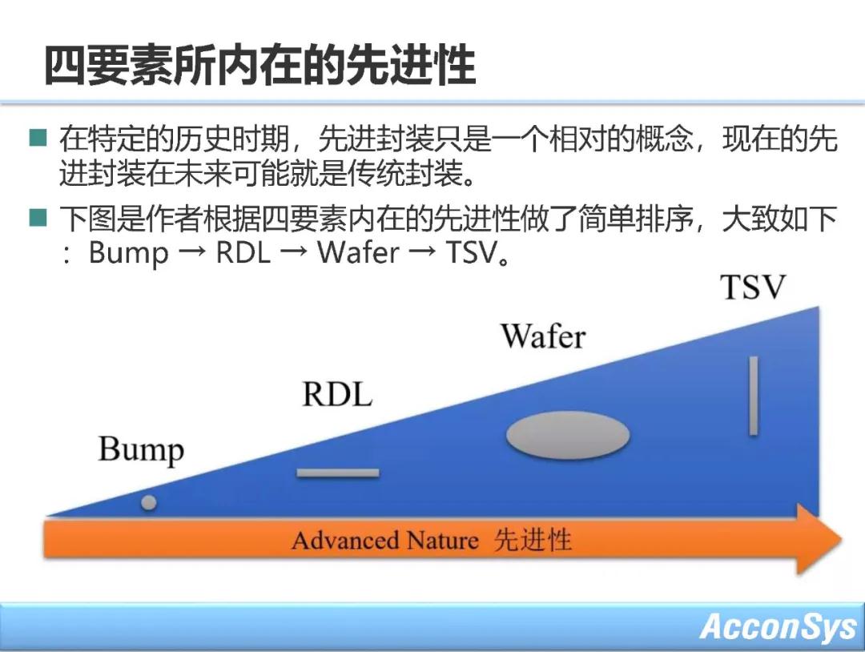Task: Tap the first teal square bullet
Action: pos(38,139)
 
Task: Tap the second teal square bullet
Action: pos(38,218)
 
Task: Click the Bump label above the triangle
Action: pos(141,450)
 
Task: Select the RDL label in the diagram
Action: pos(337,394)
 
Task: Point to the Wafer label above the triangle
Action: pos(543,336)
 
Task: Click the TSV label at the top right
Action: pos(753,287)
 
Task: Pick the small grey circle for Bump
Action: pos(148,503)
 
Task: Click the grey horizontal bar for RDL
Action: pos(337,473)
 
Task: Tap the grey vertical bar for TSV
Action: pos(753,396)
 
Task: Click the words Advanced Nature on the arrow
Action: pos(384,541)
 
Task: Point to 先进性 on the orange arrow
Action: pos(533,541)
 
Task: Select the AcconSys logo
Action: pos(778,626)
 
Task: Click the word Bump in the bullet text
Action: pos(128,253)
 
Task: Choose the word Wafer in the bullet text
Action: pos(357,253)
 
